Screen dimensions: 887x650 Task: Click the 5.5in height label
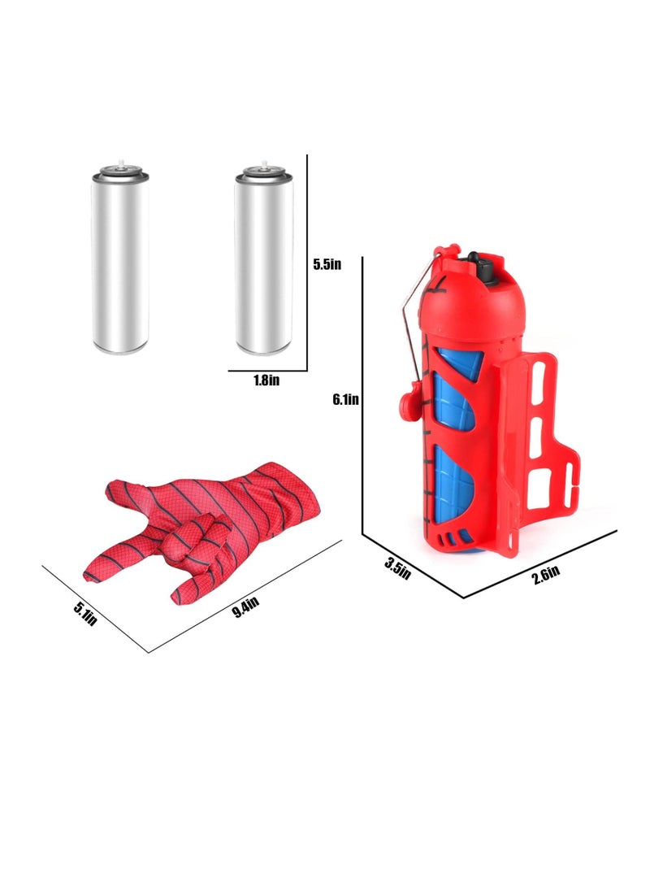pos(329,264)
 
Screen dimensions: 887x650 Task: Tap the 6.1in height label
pos(345,399)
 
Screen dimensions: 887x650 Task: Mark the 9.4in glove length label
pos(244,606)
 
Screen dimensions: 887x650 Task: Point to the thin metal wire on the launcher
pos(414,325)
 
